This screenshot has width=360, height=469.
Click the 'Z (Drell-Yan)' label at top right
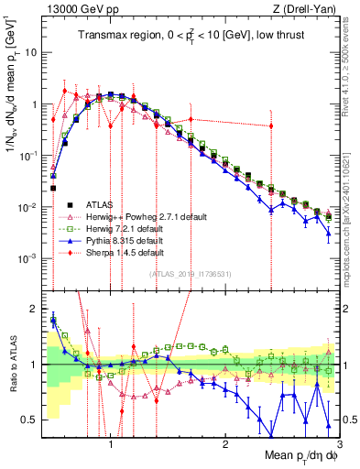pyautogui.click(x=309, y=9)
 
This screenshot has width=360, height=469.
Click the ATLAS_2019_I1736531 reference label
pyautogui.click(x=190, y=274)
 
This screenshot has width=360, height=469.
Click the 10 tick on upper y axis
pyautogui.click(x=29, y=52)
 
